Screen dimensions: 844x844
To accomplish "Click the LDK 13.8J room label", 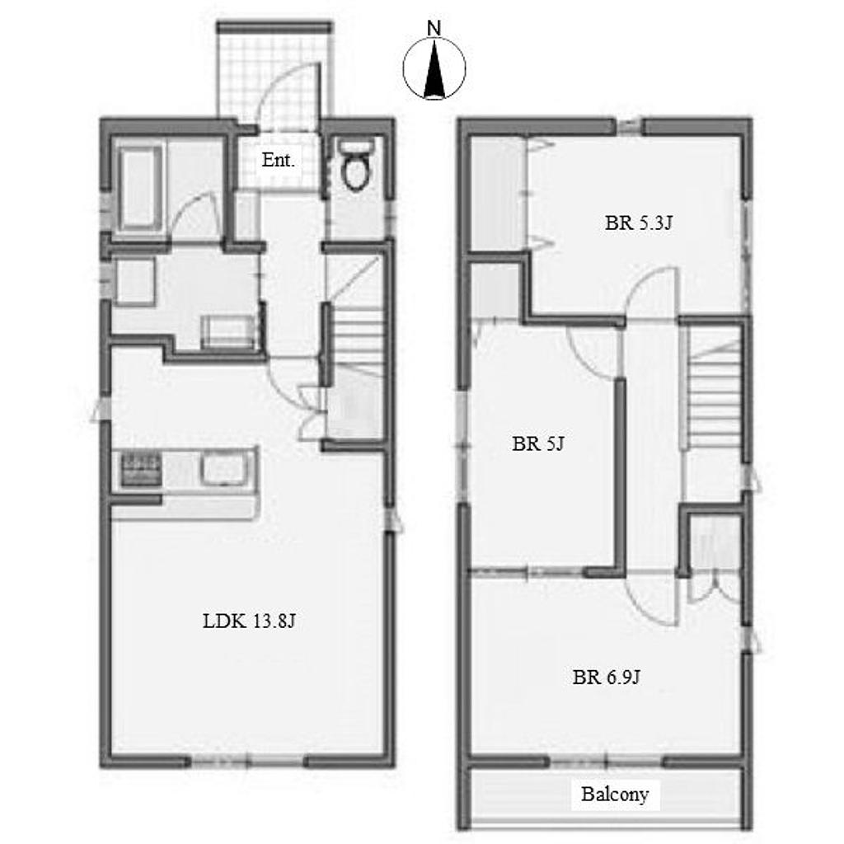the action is (x=249, y=621).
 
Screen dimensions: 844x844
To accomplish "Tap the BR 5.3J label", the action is (x=639, y=223).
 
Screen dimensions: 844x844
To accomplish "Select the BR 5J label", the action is (x=537, y=444).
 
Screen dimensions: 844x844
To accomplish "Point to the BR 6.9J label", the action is (x=606, y=677).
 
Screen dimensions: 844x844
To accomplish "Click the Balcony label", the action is (x=615, y=794).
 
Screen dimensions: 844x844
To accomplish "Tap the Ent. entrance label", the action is (x=279, y=160).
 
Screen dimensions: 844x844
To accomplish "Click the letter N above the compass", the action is (x=434, y=29).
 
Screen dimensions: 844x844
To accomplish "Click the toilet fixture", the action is (x=355, y=164).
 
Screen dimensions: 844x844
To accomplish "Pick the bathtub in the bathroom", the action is (x=139, y=188).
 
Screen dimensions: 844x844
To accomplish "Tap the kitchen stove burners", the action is (x=142, y=469).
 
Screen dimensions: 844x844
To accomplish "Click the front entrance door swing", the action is (x=285, y=96).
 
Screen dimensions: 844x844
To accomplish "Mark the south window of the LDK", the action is (x=248, y=762).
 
